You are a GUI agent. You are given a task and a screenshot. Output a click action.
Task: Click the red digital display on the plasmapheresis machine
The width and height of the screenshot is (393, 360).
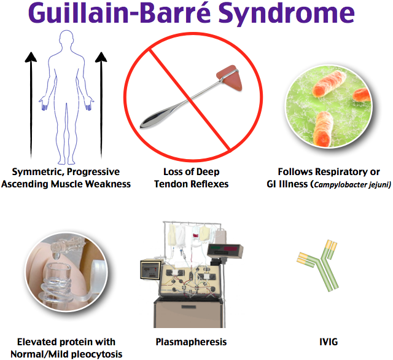coord(224,248)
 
